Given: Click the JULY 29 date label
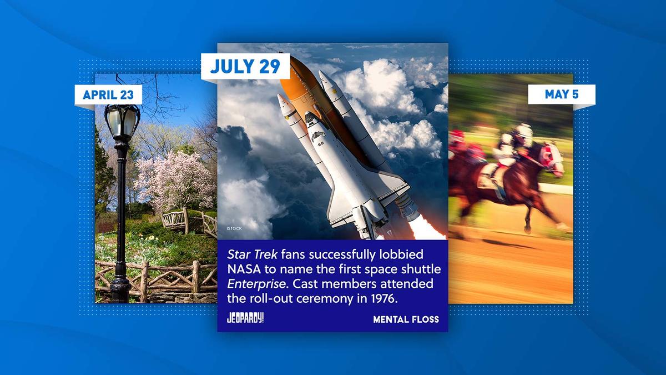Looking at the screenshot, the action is pos(245,66).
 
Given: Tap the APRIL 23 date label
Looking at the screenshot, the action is pos(108,94).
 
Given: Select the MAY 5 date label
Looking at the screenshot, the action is pos(562,94).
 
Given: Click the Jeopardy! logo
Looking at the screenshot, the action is pos(245,318).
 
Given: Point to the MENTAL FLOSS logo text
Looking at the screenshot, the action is pos(406,319).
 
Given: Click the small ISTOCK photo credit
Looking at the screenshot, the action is pos(234,228).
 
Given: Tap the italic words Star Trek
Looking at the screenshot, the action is pos(252,254).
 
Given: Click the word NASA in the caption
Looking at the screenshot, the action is pos(244,269).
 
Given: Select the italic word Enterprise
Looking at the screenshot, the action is pos(256,284).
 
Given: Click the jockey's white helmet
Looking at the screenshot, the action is pos(525,131).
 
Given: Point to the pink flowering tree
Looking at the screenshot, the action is pos(175,182).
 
